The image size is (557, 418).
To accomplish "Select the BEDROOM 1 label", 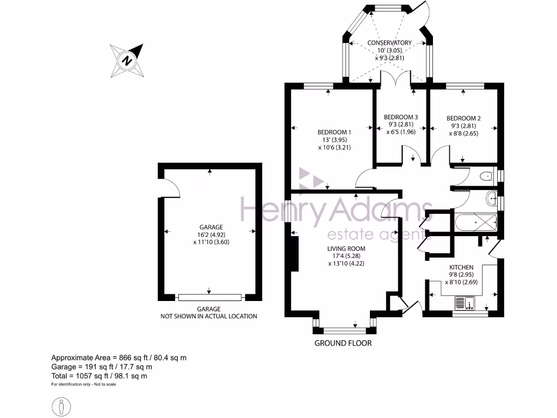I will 335,132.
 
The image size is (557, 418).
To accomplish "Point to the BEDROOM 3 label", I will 401,117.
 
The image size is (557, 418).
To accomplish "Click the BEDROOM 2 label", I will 463,118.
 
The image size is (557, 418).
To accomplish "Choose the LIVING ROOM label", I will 345,249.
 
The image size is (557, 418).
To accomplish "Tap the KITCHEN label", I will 461,267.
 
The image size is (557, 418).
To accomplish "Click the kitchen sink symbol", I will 465,303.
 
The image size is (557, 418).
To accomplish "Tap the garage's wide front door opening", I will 209,297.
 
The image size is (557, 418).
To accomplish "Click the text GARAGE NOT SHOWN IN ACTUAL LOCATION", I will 208,312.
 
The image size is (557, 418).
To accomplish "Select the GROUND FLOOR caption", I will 343,343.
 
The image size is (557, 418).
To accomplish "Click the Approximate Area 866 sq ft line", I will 119,358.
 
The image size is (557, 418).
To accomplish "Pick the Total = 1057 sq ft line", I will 99,376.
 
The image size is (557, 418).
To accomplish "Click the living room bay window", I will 344,329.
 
